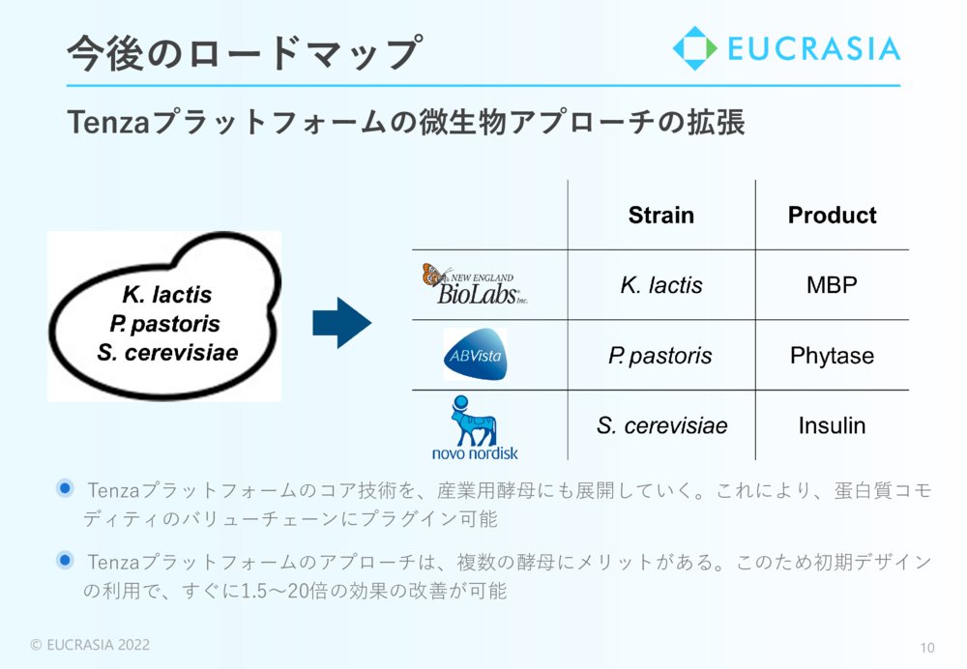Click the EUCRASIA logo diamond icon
[x=695, y=48]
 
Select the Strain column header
[x=661, y=216]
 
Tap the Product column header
[x=832, y=216]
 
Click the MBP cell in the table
[x=832, y=285]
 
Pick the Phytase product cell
[x=832, y=356]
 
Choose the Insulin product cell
[x=832, y=425]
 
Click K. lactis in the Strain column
[x=661, y=285]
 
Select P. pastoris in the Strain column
[x=659, y=356]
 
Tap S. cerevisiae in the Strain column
[x=661, y=425]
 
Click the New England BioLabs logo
[x=475, y=284]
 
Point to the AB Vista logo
[x=475, y=355]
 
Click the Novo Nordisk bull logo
[x=474, y=428]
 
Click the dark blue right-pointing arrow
[x=341, y=323]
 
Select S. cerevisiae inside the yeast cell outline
[x=167, y=353]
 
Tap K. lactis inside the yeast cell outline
[x=167, y=295]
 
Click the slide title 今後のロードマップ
[x=245, y=53]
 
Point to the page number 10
[x=927, y=648]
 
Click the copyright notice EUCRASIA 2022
[x=90, y=645]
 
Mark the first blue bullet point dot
[x=65, y=489]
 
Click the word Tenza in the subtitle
[x=108, y=122]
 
